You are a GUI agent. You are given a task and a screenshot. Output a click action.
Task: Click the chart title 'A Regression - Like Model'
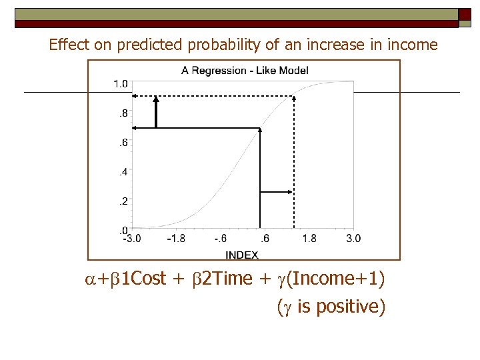[245, 70]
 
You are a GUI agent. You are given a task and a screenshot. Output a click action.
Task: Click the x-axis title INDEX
[242, 255]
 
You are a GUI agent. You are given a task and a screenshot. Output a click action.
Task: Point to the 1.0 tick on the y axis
[121, 83]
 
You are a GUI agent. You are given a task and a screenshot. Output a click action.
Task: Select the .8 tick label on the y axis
[123, 113]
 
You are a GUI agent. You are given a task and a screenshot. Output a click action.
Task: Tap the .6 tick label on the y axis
[123, 143]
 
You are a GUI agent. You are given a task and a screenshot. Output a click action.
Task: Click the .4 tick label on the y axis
[123, 172]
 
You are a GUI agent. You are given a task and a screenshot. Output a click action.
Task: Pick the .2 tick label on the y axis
[123, 201]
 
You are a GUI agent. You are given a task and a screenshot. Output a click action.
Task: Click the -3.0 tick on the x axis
[131, 239]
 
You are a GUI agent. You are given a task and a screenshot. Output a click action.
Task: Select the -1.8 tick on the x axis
[176, 239]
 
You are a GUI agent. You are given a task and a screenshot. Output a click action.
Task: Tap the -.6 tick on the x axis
[221, 239]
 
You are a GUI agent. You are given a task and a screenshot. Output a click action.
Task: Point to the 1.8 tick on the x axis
[309, 239]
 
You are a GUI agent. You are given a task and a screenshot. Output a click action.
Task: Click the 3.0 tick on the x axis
[353, 239]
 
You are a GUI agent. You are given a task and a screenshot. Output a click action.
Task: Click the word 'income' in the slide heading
[416, 45]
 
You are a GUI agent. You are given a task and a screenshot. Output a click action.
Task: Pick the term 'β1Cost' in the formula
[142, 278]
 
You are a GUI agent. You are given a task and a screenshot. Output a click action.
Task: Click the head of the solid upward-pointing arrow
[156, 99]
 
